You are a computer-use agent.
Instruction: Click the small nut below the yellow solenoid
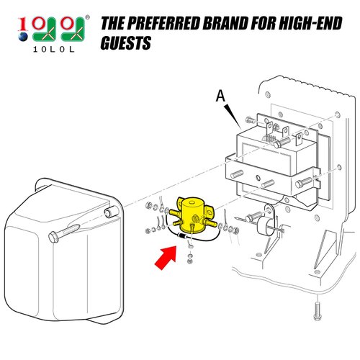coord(189,258)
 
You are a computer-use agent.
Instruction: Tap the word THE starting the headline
coord(114,24)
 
